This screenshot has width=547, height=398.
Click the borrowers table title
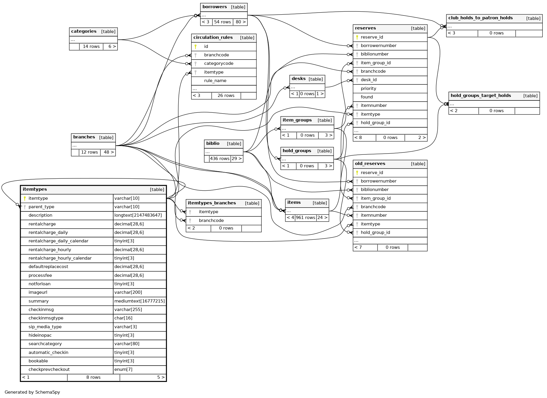(x=214, y=7)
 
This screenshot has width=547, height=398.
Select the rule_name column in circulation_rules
(x=215, y=81)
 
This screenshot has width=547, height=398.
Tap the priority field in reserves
(x=368, y=89)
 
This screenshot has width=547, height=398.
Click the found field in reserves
(x=367, y=97)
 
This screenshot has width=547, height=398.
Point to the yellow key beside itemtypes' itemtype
(x=25, y=199)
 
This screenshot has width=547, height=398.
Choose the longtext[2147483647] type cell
(x=138, y=215)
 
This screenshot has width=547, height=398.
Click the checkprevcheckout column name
(x=49, y=370)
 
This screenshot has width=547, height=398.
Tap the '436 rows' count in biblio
(x=220, y=159)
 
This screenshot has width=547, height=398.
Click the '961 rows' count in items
(x=305, y=218)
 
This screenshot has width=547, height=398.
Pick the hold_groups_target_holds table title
(x=480, y=96)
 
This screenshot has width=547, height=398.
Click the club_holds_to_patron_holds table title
(x=480, y=18)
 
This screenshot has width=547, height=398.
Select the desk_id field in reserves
(x=368, y=80)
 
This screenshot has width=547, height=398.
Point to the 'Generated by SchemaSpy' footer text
(x=32, y=392)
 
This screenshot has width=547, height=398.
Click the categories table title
(x=84, y=32)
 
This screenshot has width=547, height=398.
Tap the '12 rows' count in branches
(x=89, y=152)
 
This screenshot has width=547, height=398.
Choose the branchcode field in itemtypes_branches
(x=211, y=221)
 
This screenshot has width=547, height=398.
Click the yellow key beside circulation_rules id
(x=195, y=47)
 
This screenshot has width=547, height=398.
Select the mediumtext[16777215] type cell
(x=139, y=301)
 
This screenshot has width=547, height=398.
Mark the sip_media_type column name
(x=45, y=327)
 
